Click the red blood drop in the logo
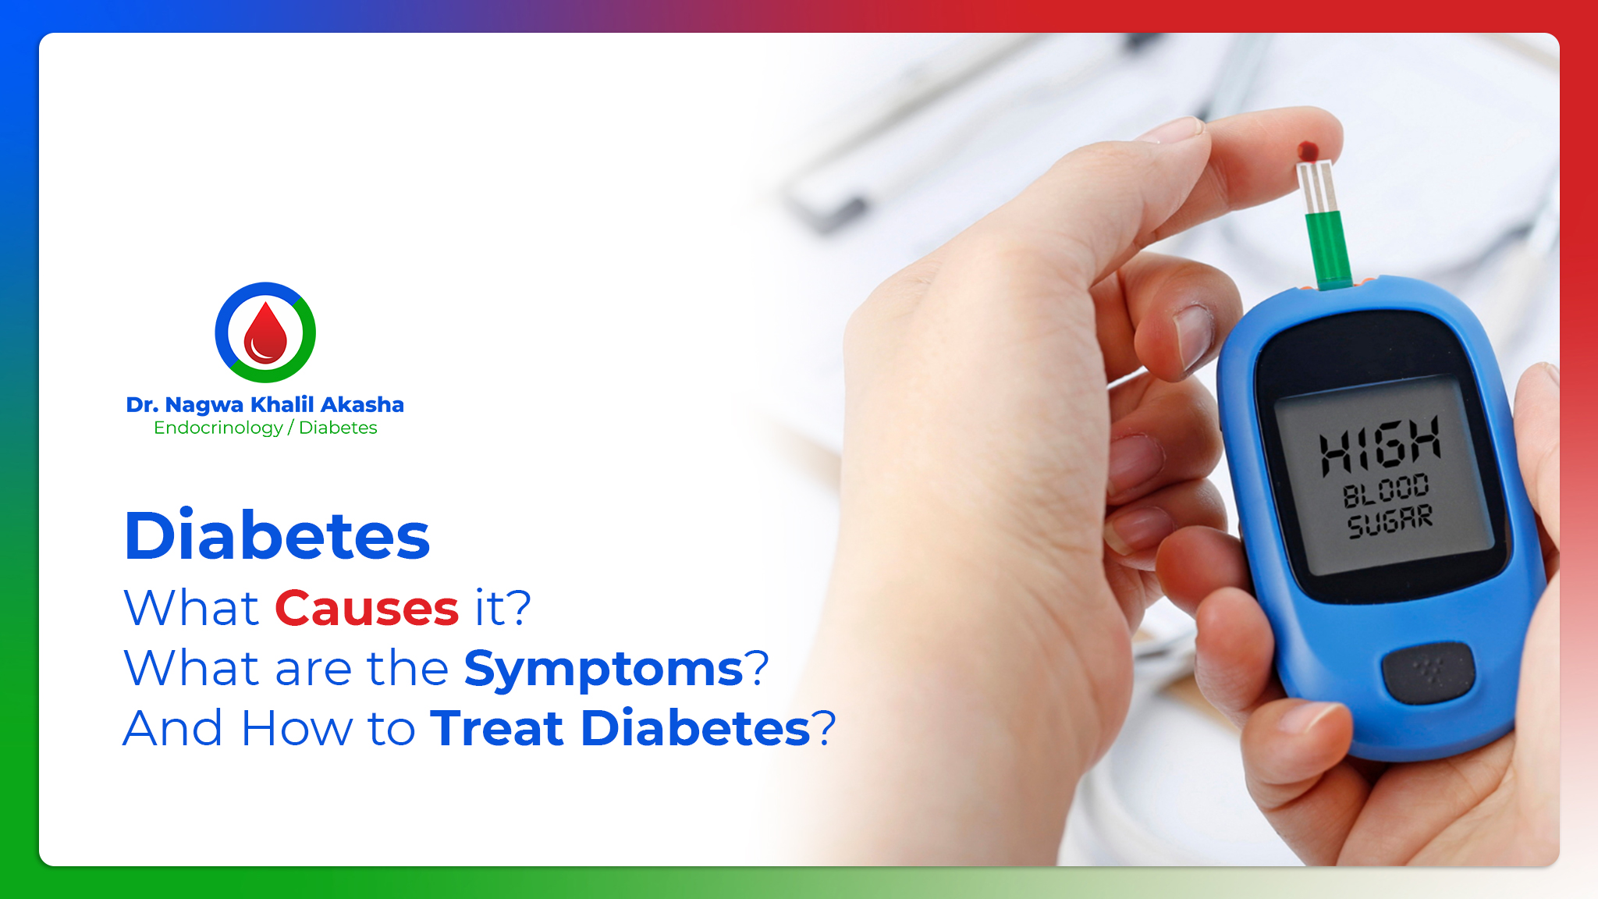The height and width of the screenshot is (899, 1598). tap(265, 334)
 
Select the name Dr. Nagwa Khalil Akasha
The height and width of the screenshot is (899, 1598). tap(265, 404)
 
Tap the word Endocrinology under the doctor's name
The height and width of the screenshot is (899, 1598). tap(218, 428)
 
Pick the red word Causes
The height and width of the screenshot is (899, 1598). tap(367, 608)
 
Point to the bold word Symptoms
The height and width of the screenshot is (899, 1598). tap(603, 669)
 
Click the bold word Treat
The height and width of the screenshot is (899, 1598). tap(496, 728)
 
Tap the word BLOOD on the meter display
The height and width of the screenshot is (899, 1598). tap(1385, 490)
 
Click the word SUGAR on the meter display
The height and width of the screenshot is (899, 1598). tap(1390, 521)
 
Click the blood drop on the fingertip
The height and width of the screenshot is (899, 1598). tap(1308, 151)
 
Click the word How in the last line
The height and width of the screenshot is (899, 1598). tap(297, 728)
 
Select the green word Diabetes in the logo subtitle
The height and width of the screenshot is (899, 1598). tap(338, 428)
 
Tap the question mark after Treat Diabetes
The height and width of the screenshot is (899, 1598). tap(824, 728)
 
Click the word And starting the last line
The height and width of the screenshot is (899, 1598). tap(173, 728)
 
